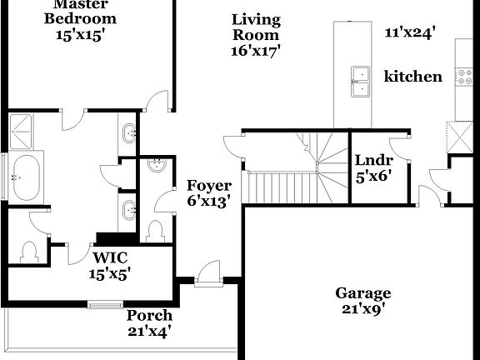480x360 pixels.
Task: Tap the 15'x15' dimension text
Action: pyautogui.click(x=80, y=35)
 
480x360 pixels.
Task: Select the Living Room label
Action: pyautogui.click(x=256, y=27)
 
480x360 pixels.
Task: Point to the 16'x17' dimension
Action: pyautogui.click(x=256, y=50)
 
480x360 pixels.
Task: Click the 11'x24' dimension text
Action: pyautogui.click(x=412, y=32)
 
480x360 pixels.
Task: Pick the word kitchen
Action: pyautogui.click(x=412, y=77)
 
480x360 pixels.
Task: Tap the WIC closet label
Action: pyautogui.click(x=109, y=257)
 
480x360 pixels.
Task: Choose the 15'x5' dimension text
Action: pyautogui.click(x=109, y=272)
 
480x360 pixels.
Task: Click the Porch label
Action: pyautogui.click(x=150, y=316)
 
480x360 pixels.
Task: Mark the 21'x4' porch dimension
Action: pyautogui.click(x=150, y=331)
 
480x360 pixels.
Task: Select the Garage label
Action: pyautogui.click(x=363, y=292)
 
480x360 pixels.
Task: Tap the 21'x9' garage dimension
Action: pyautogui.click(x=363, y=308)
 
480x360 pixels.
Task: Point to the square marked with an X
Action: pyautogui.click(x=459, y=134)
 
